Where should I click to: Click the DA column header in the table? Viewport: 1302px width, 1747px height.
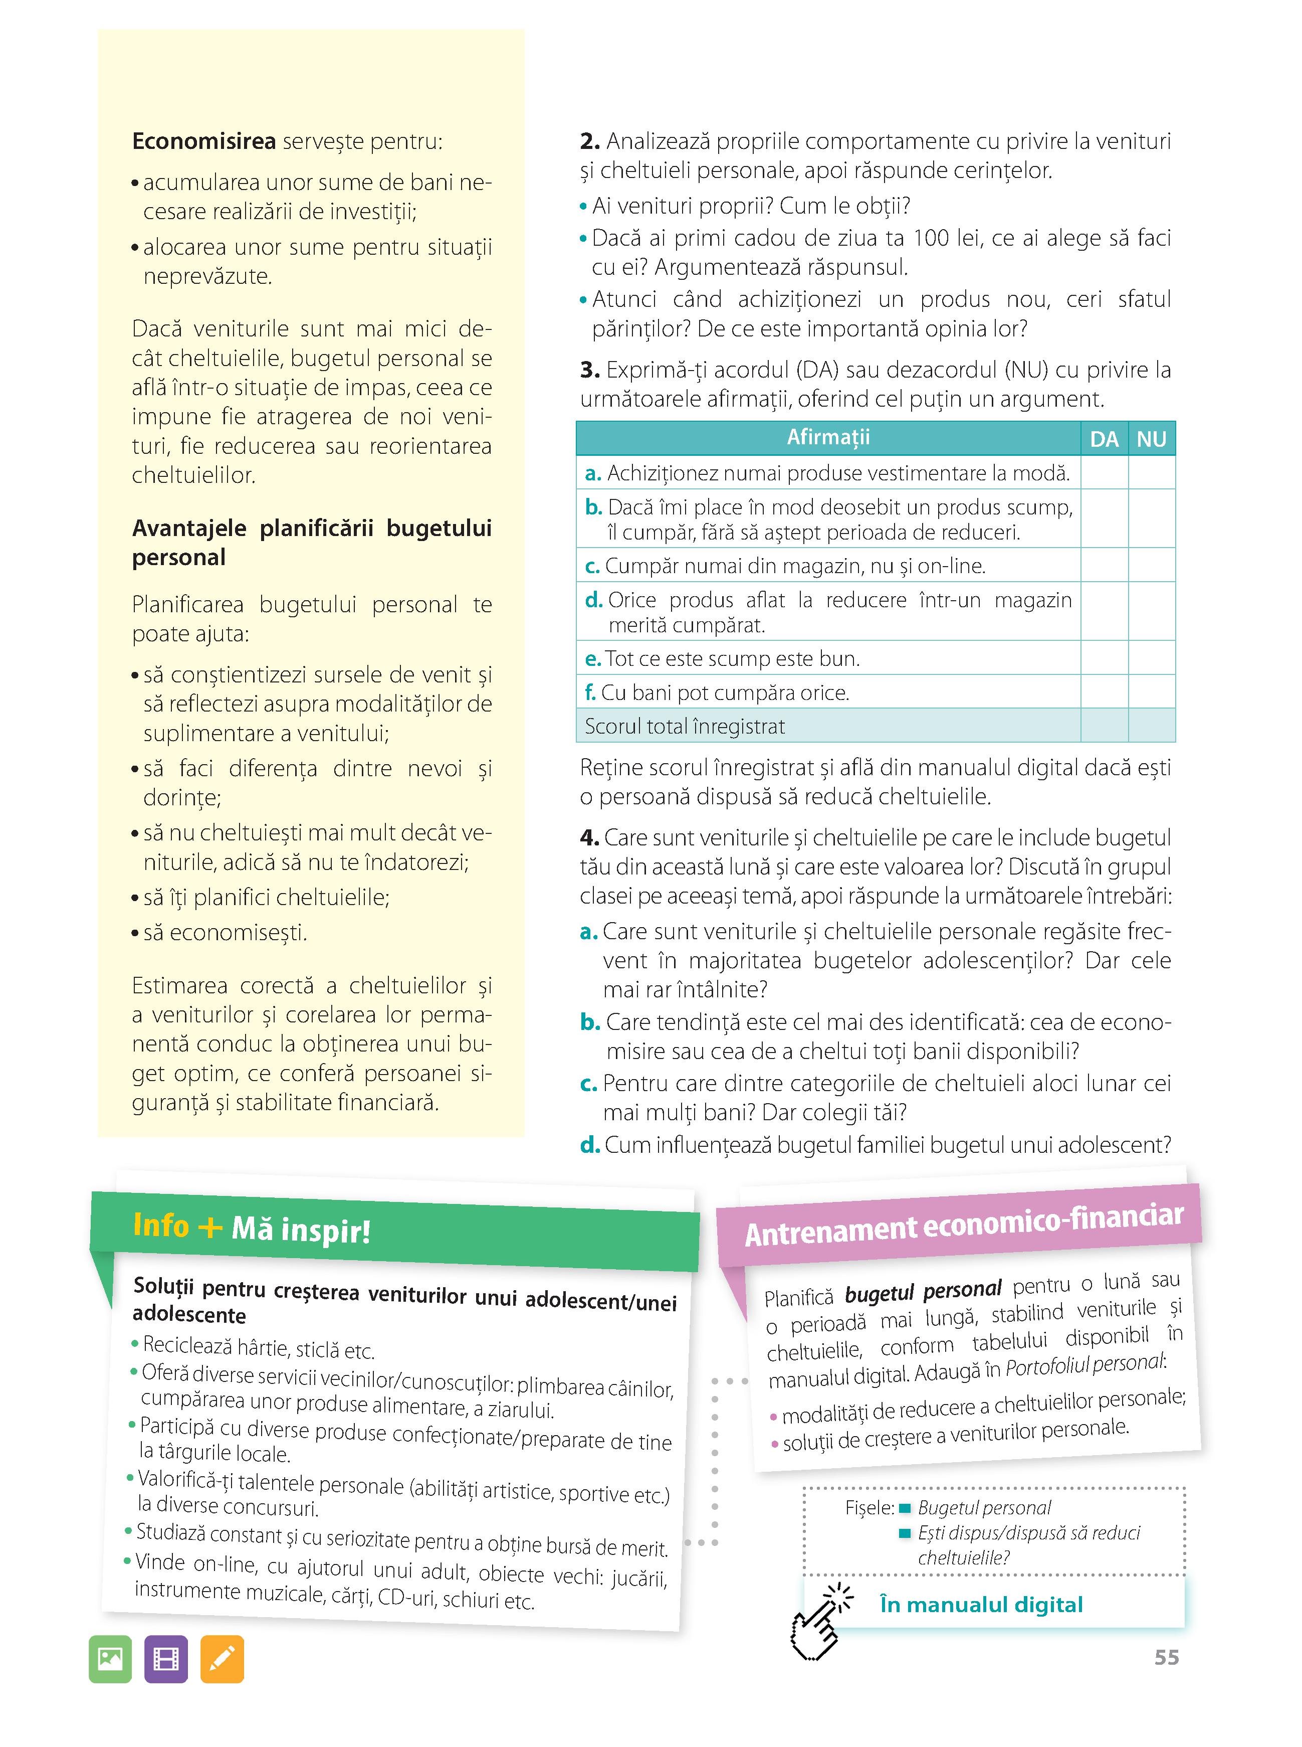pos(1104,439)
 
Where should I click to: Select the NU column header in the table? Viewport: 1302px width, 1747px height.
pos(1152,439)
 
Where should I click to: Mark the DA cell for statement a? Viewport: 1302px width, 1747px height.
pos(1104,473)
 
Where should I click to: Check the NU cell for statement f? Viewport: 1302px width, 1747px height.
pos(1152,692)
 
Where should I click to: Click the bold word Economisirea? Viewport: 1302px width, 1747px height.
pos(204,142)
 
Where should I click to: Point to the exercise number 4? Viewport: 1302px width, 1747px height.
pos(589,837)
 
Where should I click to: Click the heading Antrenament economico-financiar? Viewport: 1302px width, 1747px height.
pos(963,1225)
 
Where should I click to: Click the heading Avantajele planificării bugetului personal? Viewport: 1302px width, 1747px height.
pos(311,543)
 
